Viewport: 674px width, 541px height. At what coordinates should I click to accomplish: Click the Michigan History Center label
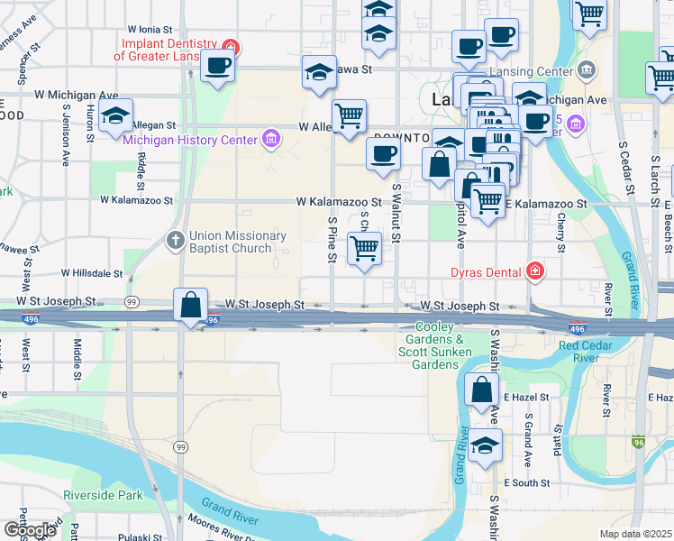pos(188,140)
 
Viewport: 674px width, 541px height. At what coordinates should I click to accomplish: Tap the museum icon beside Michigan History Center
pos(269,139)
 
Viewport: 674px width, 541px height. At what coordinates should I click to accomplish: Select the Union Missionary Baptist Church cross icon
pos(176,239)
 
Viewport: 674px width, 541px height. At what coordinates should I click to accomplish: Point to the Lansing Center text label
pos(531,71)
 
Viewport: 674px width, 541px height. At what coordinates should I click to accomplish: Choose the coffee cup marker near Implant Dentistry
pos(218,65)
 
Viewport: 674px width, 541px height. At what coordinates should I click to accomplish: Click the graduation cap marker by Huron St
pos(115,116)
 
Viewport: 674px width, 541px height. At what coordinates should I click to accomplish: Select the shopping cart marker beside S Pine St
pos(364,248)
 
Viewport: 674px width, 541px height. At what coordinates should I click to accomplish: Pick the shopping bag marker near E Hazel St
pos(482,390)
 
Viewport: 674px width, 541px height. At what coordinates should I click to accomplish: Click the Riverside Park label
pos(104,495)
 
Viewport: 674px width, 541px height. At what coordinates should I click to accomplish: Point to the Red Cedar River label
pos(592,352)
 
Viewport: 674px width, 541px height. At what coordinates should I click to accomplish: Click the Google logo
pos(30,530)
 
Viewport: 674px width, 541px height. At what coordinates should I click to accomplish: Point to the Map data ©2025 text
pos(635,535)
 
